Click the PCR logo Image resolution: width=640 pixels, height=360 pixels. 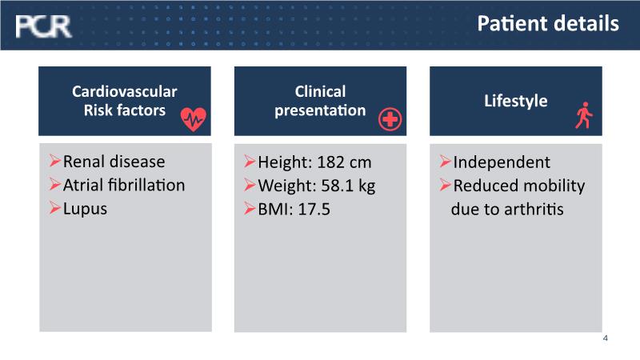(x=43, y=26)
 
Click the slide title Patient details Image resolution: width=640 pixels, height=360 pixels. (x=548, y=23)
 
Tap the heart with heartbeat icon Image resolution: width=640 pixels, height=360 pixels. (x=194, y=119)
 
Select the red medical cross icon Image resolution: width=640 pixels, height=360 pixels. (x=390, y=119)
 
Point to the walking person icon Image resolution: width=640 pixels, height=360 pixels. (x=584, y=115)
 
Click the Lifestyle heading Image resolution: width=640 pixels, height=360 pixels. (x=515, y=101)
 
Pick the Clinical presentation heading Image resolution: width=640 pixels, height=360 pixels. (x=320, y=101)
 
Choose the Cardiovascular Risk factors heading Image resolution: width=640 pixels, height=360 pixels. (x=125, y=101)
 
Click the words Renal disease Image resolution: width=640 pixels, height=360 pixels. (x=114, y=162)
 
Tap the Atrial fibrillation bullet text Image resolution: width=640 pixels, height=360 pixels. (x=124, y=186)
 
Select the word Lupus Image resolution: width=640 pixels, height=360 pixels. (x=85, y=209)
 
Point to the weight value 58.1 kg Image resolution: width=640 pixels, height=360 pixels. (x=348, y=186)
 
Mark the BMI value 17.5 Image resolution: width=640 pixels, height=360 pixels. (x=314, y=210)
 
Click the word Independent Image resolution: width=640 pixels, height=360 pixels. (x=502, y=162)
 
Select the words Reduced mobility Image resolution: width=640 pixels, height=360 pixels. (x=518, y=186)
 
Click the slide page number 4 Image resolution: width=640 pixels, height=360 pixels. (x=606, y=338)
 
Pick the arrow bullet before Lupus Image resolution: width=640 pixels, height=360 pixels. (x=54, y=208)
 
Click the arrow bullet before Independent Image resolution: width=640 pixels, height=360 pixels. (x=446, y=162)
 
